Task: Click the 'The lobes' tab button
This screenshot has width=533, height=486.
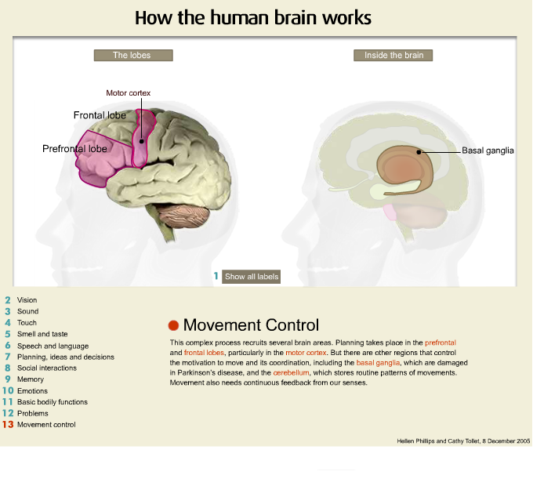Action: click(132, 56)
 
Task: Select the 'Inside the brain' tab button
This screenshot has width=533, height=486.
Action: click(393, 56)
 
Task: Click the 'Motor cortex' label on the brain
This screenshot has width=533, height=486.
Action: click(128, 93)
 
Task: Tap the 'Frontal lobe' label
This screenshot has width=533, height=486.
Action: click(100, 116)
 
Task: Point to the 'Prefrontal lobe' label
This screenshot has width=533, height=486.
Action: click(74, 148)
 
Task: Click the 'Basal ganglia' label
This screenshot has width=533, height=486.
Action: click(488, 151)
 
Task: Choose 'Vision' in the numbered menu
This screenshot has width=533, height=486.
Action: click(27, 300)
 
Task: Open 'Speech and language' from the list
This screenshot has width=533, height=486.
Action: click(53, 346)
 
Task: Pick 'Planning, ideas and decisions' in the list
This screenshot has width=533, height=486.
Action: click(65, 357)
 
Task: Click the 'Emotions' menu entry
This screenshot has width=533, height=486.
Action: click(32, 391)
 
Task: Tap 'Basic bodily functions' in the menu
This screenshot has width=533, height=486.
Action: click(52, 402)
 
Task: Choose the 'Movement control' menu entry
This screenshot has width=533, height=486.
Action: click(46, 425)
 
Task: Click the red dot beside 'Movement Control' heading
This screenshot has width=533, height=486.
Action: click(174, 325)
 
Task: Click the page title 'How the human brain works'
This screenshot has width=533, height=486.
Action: click(253, 17)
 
